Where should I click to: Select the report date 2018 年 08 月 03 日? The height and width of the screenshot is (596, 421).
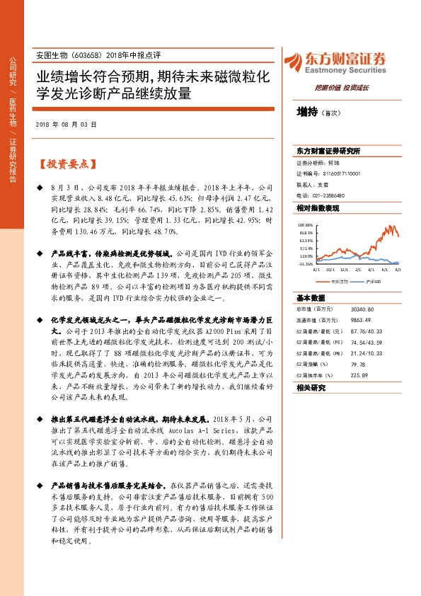click(65, 124)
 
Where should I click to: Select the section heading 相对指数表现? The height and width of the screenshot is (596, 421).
click(318, 208)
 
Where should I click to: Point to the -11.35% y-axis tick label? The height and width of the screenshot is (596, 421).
click(305, 263)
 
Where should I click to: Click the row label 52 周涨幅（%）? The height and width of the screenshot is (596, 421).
click(314, 364)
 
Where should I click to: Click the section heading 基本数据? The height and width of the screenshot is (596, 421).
click(311, 298)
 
